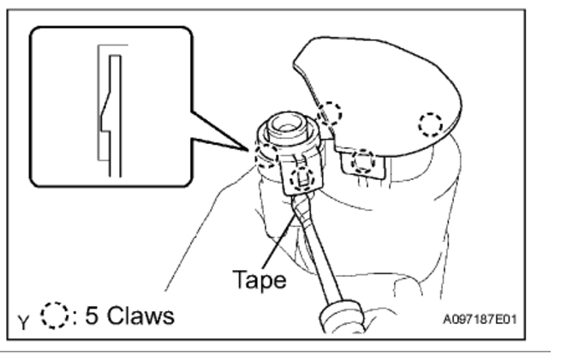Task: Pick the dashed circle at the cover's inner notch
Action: (330, 112)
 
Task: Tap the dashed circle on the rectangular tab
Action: (364, 159)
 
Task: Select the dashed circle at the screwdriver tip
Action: (300, 178)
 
